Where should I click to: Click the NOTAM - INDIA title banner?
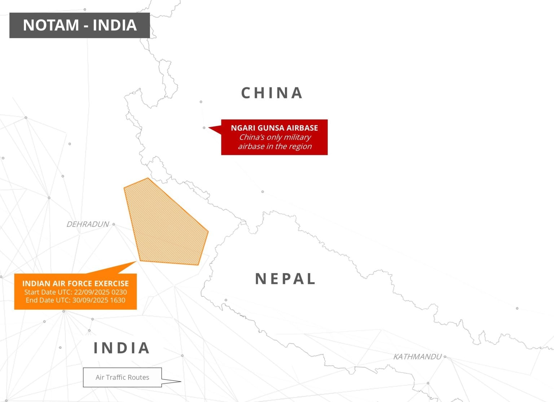click(x=79, y=25)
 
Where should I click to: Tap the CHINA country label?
click(x=272, y=93)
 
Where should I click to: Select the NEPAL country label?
click(x=285, y=279)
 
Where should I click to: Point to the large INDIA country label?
click(x=122, y=348)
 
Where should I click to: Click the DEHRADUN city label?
click(x=88, y=224)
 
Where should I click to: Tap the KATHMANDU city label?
click(x=417, y=357)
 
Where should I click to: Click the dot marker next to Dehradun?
click(x=114, y=224)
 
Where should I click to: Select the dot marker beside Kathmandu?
click(x=445, y=357)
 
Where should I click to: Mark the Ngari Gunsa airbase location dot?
click(x=204, y=128)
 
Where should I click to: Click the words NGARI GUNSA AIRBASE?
click(x=274, y=128)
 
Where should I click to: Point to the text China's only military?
click(x=275, y=137)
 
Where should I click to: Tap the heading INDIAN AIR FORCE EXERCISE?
click(x=75, y=283)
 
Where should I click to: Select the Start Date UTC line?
click(x=75, y=292)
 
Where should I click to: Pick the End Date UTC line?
click(x=75, y=300)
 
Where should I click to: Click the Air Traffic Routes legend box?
click(x=122, y=377)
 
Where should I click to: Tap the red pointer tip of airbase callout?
click(x=210, y=128)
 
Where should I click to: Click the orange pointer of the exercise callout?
click(x=128, y=267)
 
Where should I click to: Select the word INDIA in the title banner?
click(x=115, y=25)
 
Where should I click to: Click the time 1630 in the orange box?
click(x=118, y=300)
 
